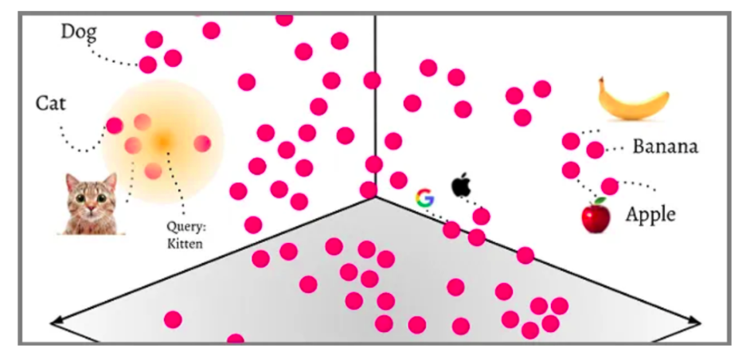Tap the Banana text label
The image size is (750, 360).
coord(665,147)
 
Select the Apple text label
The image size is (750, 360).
coord(650,213)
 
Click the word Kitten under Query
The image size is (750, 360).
coord(185,243)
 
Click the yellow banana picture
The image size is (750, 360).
coord(634,100)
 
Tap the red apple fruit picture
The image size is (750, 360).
coord(596,216)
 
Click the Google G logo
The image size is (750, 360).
coord(424,198)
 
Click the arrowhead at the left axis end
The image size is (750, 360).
coord(56,322)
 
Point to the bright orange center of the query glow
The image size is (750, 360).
coord(162,141)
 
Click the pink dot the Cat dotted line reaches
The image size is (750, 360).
coord(115,125)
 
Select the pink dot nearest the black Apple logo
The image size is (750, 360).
coord(481,216)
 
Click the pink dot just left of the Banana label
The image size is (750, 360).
coord(595,149)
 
